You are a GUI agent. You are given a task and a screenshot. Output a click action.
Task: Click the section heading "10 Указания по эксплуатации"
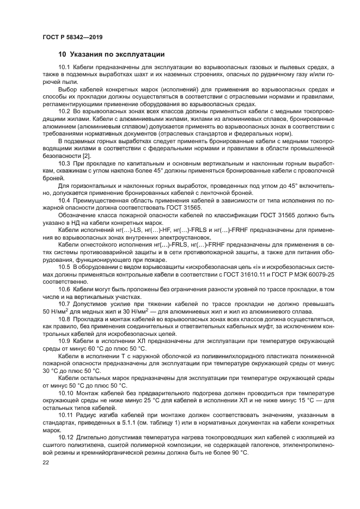point(112,54)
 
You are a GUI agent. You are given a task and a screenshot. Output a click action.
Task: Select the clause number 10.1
point(64,67)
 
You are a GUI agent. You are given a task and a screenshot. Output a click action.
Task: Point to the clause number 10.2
point(64,111)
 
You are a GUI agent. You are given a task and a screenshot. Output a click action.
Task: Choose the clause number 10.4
point(64,200)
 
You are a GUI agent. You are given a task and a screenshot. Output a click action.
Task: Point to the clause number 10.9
point(64,340)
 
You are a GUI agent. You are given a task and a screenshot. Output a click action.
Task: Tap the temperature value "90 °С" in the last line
point(239,452)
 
